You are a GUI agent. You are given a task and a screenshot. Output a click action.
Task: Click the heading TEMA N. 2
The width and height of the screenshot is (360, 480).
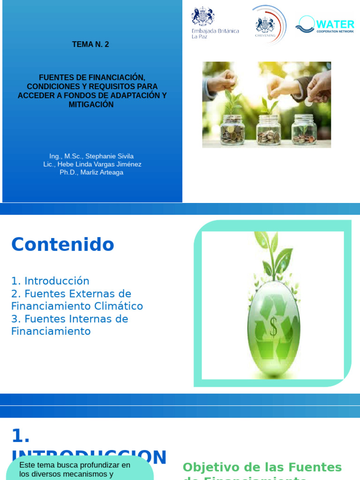(x=90, y=45)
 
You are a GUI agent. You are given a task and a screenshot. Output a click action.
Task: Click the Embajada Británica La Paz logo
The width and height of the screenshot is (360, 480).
(x=215, y=23)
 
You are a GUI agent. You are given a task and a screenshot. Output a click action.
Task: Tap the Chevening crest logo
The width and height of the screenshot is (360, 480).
(x=266, y=24)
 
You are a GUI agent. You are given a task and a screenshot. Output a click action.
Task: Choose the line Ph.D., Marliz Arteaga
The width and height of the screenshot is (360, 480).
(x=91, y=172)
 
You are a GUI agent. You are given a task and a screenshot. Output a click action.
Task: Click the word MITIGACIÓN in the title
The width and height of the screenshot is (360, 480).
(x=91, y=105)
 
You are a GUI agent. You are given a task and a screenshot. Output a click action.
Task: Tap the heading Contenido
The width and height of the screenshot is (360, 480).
(x=63, y=244)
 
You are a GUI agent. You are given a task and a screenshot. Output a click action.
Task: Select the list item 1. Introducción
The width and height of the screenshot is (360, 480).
(x=50, y=281)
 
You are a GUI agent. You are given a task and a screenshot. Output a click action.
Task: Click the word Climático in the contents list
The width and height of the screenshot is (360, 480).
(x=118, y=306)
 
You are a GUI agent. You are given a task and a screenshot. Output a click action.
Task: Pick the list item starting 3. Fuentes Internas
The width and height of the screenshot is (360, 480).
(x=69, y=319)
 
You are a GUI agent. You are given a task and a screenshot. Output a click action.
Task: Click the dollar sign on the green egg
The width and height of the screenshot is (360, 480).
(x=273, y=327)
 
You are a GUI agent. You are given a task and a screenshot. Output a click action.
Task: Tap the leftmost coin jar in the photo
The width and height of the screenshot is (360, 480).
(x=232, y=128)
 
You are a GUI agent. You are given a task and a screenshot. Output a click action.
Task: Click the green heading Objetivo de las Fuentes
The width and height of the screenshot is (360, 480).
(x=262, y=467)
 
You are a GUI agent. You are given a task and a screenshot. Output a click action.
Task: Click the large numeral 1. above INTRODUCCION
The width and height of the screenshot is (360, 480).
(x=21, y=436)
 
